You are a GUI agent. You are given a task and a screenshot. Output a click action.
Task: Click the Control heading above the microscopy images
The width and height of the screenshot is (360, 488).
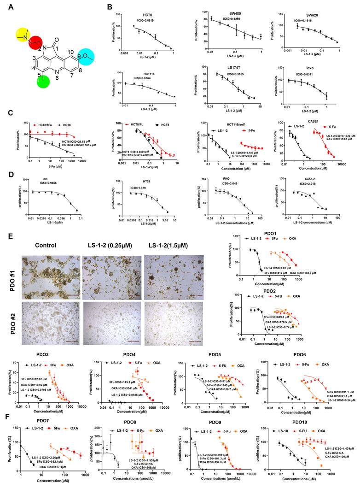click(x=41, y=245)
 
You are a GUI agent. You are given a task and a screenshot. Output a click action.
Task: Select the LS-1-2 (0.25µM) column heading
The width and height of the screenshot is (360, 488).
click(x=108, y=245)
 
